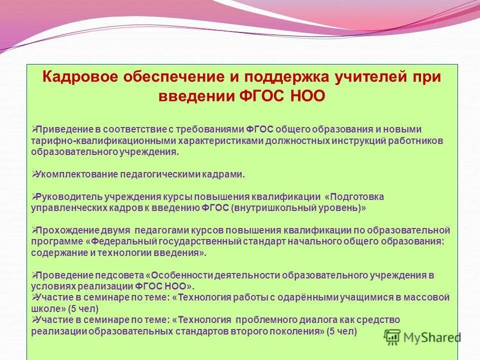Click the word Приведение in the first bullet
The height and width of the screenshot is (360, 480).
pyautogui.click(x=58, y=129)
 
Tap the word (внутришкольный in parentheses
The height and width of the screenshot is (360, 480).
pyautogui.click(x=270, y=208)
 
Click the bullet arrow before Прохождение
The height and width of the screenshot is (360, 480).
pyautogui.click(x=33, y=230)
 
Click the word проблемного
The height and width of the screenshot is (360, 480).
pyautogui.click(x=261, y=320)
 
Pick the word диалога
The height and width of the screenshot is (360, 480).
pyautogui.click(x=309, y=320)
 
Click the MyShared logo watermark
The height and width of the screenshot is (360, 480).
pyautogui.click(x=422, y=337)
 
